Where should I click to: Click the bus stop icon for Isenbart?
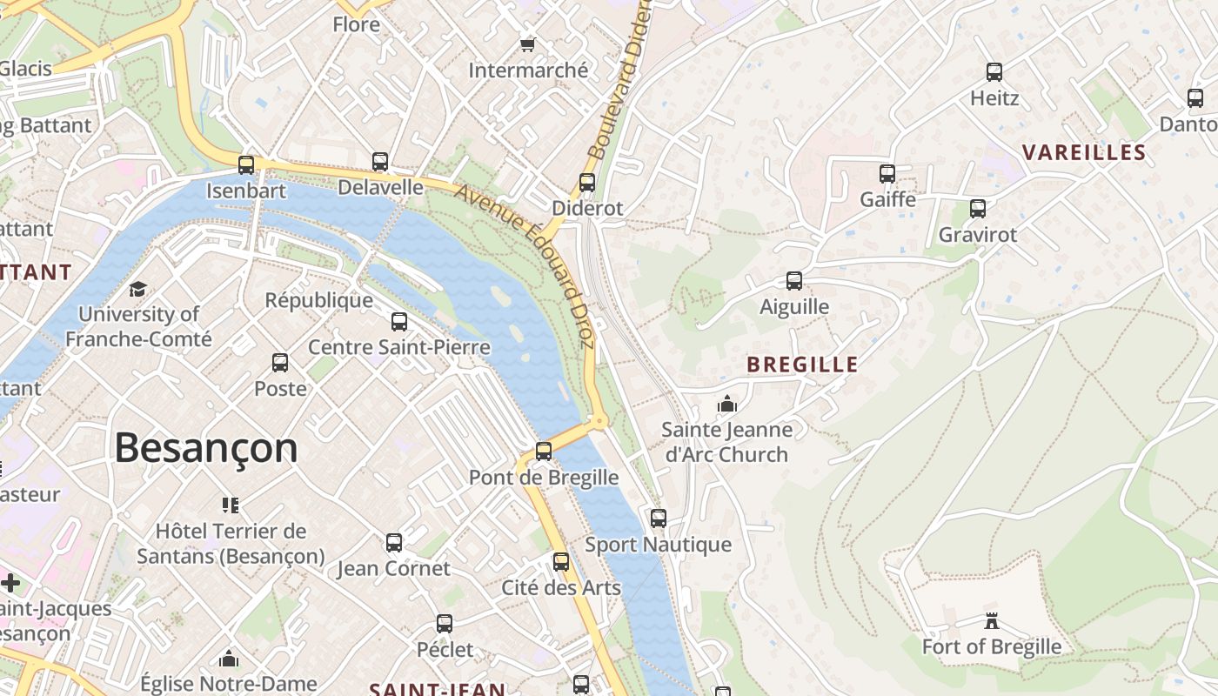click(246, 164)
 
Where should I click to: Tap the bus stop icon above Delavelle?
click(380, 161)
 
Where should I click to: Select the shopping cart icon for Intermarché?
click(527, 44)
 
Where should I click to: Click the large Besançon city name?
click(206, 448)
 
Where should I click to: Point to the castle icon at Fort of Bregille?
click(991, 621)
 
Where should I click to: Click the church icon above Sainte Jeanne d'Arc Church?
click(727, 404)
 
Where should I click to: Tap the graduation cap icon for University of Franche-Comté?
click(137, 289)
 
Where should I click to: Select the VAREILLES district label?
click(1083, 153)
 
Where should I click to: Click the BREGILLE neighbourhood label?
click(802, 365)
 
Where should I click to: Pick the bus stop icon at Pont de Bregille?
click(544, 452)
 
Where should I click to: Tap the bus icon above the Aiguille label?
click(794, 281)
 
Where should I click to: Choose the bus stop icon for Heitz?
click(994, 72)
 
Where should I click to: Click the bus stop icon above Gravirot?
click(978, 209)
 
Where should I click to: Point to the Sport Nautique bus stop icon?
click(659, 519)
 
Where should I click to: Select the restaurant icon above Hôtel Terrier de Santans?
click(231, 505)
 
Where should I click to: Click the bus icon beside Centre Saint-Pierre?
click(399, 322)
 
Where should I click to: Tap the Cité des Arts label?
click(561, 587)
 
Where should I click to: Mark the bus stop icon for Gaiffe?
click(887, 174)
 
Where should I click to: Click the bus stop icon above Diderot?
click(587, 183)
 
